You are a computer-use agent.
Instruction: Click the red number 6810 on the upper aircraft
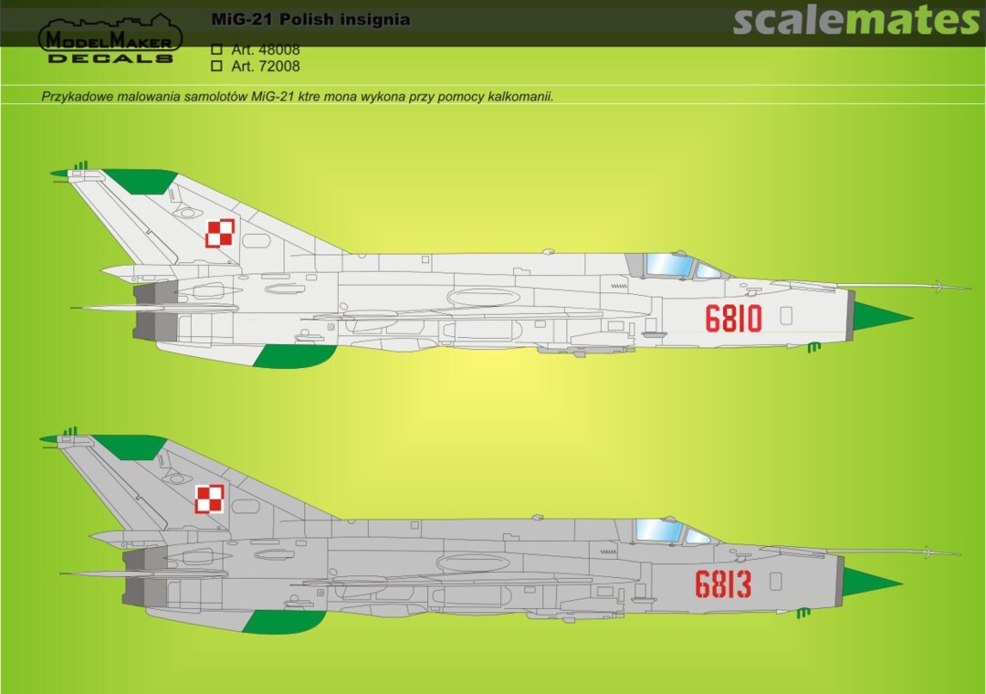pyautogui.click(x=733, y=319)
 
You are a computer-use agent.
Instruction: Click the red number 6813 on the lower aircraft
pyautogui.click(x=723, y=584)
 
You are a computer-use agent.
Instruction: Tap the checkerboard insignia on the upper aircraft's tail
pyautogui.click(x=220, y=234)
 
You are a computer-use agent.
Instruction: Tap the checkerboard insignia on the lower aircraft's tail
pyautogui.click(x=209, y=499)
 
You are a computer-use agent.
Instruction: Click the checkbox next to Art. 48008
pyautogui.click(x=217, y=49)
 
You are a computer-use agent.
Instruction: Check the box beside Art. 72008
pyautogui.click(x=217, y=66)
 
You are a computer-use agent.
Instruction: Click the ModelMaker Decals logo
pyautogui.click(x=110, y=39)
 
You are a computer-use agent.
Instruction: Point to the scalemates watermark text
pyautogui.click(x=855, y=20)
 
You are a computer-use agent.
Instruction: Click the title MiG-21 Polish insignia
pyautogui.click(x=310, y=19)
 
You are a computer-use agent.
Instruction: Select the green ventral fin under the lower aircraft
pyautogui.click(x=284, y=622)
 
